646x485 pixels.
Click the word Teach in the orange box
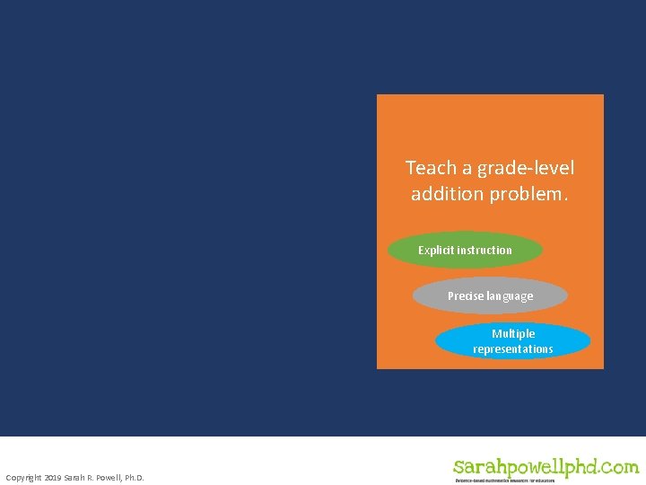click(425, 168)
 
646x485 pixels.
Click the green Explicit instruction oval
click(465, 251)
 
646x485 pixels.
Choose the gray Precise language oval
click(490, 296)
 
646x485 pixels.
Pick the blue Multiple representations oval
click(512, 341)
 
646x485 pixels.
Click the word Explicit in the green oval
click(436, 251)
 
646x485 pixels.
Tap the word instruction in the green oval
click(484, 251)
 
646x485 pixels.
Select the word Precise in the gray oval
click(465, 296)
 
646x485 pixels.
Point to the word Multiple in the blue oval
click(513, 333)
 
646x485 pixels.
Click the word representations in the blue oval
click(513, 349)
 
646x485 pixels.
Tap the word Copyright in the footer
click(23, 477)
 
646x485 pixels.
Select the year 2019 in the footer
click(53, 477)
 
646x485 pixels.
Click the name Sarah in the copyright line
click(74, 477)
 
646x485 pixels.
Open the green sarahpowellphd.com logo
click(546, 466)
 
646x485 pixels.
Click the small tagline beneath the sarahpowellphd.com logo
click(504, 481)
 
